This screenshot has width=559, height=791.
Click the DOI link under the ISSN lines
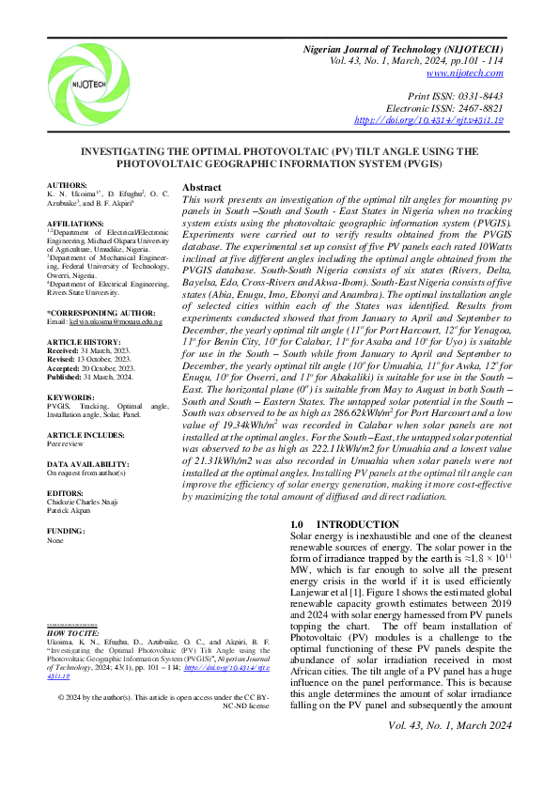click(429, 121)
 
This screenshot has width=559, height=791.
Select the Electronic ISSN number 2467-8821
click(477, 109)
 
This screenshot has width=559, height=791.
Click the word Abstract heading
click(202, 187)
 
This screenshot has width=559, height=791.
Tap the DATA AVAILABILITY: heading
click(87, 464)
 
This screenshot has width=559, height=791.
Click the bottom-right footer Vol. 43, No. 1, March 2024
click(450, 725)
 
